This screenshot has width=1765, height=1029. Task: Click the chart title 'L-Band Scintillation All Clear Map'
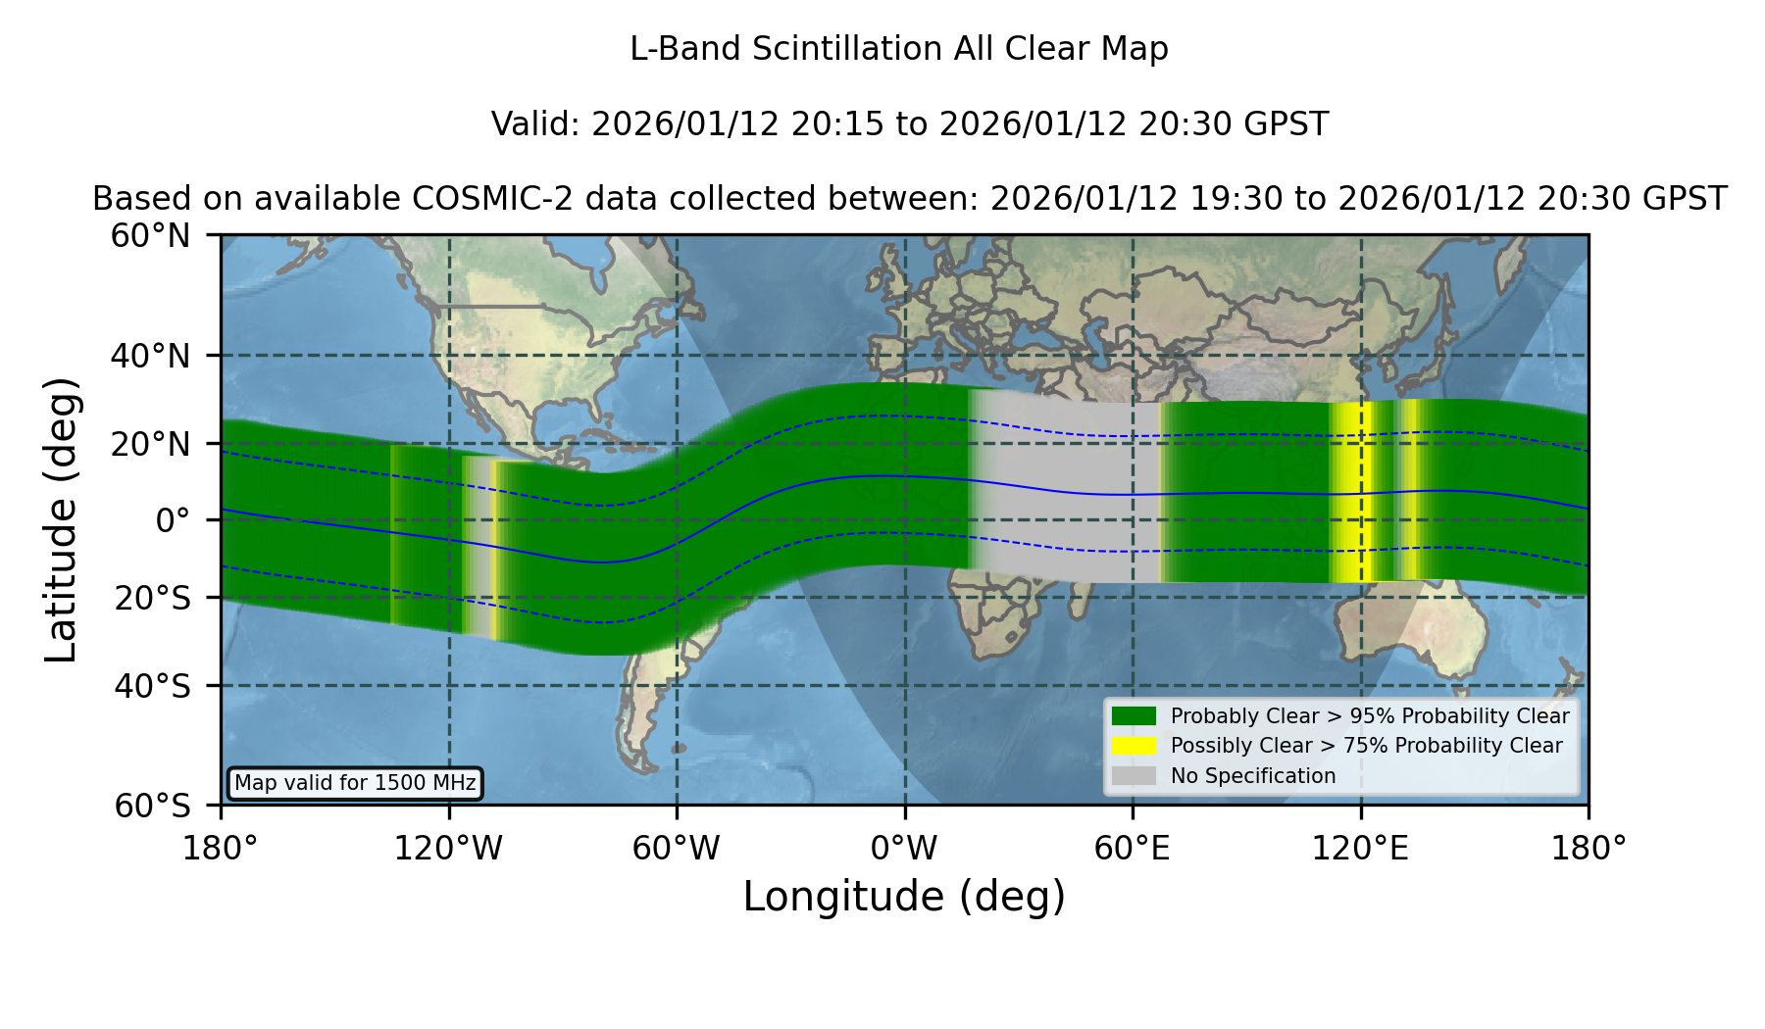pyautogui.click(x=898, y=49)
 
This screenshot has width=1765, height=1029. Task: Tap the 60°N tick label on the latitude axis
pyautogui.click(x=151, y=236)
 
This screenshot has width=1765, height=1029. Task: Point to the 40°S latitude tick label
pyautogui.click(x=153, y=686)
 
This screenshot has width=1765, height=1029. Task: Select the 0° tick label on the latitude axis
pyautogui.click(x=173, y=520)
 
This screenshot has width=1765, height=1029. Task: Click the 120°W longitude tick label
pyautogui.click(x=448, y=848)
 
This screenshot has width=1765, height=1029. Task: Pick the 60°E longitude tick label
pyautogui.click(x=1133, y=848)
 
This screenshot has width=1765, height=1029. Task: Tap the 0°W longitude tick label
pyautogui.click(x=904, y=848)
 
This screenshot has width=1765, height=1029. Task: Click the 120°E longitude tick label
pyautogui.click(x=1360, y=848)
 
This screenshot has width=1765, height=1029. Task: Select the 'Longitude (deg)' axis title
pyautogui.click(x=904, y=898)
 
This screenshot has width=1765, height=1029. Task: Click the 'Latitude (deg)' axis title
pyautogui.click(x=62, y=519)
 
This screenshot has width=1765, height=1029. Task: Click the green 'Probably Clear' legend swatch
pyautogui.click(x=1135, y=715)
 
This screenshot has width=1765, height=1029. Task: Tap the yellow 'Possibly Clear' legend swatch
pyautogui.click(x=1135, y=746)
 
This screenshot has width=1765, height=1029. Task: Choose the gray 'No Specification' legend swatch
pyautogui.click(x=1135, y=776)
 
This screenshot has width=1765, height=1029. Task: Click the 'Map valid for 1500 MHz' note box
pyautogui.click(x=355, y=783)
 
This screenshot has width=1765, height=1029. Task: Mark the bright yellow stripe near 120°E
pyautogui.click(x=1353, y=492)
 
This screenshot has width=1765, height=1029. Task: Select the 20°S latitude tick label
pyautogui.click(x=153, y=598)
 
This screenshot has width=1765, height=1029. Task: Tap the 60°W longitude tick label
pyautogui.click(x=677, y=848)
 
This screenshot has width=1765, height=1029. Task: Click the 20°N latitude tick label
pyautogui.click(x=151, y=444)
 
